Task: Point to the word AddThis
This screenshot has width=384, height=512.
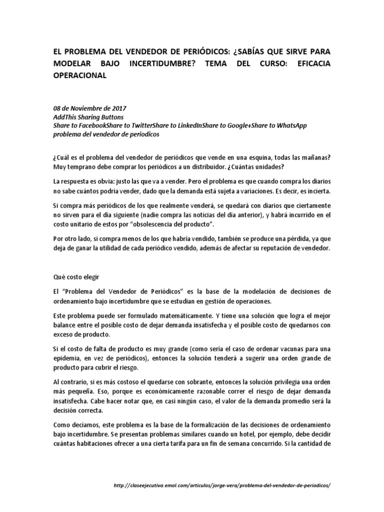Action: pos(66,117)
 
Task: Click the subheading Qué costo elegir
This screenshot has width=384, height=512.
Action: pos(76,275)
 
